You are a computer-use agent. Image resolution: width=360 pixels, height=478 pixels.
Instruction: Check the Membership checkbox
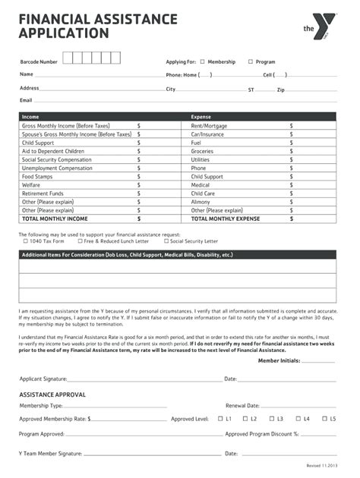pos(203,61)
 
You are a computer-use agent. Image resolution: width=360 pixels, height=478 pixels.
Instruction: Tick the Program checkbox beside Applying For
pos(251,61)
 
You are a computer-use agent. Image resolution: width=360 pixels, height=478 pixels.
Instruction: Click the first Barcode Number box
pos(68,58)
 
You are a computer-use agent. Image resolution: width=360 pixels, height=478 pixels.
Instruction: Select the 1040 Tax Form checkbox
pos(25,241)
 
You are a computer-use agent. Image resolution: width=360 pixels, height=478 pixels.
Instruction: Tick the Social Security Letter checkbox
pos(166,241)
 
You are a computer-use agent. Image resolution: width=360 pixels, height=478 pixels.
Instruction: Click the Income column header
pos(30,117)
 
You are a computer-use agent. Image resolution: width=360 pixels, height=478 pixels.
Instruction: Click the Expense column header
pos(201,117)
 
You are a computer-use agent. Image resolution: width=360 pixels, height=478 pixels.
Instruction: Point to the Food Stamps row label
pos(38,176)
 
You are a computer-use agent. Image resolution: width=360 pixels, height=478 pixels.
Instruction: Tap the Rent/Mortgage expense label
pos(209,125)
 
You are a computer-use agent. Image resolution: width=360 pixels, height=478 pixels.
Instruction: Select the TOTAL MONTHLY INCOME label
pos(55,219)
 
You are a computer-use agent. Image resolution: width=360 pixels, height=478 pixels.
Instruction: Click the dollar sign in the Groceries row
pos(291,151)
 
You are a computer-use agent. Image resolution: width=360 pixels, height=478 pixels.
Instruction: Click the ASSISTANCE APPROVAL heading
pos(52,395)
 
